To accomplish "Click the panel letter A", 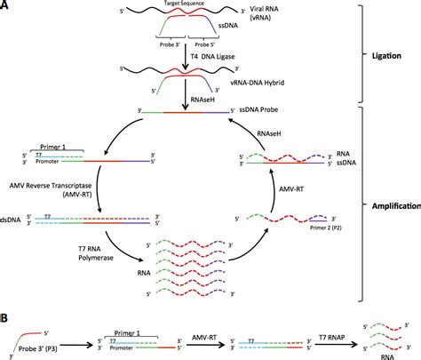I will coord(6,7).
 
